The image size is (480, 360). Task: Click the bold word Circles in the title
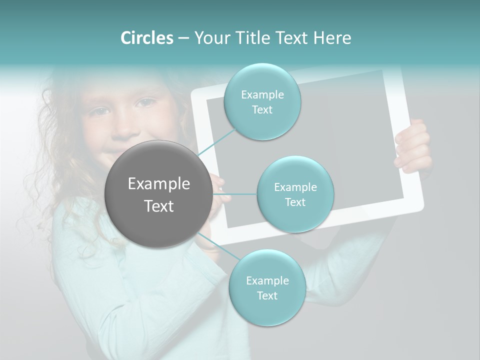pyautogui.click(x=146, y=38)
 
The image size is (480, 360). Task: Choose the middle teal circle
pyautogui.click(x=295, y=194)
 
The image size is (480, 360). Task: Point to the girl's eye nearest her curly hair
pyautogui.click(x=98, y=111)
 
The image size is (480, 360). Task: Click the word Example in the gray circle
pyautogui.click(x=158, y=184)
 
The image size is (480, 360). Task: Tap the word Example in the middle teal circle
pyautogui.click(x=295, y=187)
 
